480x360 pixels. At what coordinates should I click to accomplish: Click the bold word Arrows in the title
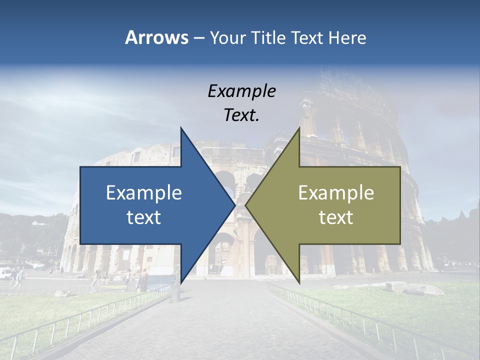156,37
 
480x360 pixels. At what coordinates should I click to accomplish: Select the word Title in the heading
270,37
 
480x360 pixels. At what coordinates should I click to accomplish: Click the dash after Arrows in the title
198,38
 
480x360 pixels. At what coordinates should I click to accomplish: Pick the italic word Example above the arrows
241,91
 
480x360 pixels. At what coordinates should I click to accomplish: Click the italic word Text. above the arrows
241,115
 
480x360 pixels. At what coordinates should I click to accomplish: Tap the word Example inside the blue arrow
143,192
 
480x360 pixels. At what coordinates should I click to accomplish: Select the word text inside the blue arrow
143,217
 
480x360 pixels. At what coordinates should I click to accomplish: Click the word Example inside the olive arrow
336,192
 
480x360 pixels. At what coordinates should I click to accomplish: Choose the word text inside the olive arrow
336,217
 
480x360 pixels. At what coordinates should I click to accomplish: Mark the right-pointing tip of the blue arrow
234,205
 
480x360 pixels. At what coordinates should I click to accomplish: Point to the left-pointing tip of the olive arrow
246,205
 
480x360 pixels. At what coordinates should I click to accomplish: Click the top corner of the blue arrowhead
181,128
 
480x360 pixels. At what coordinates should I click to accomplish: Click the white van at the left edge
5,273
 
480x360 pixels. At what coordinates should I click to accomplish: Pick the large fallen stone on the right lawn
423,289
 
